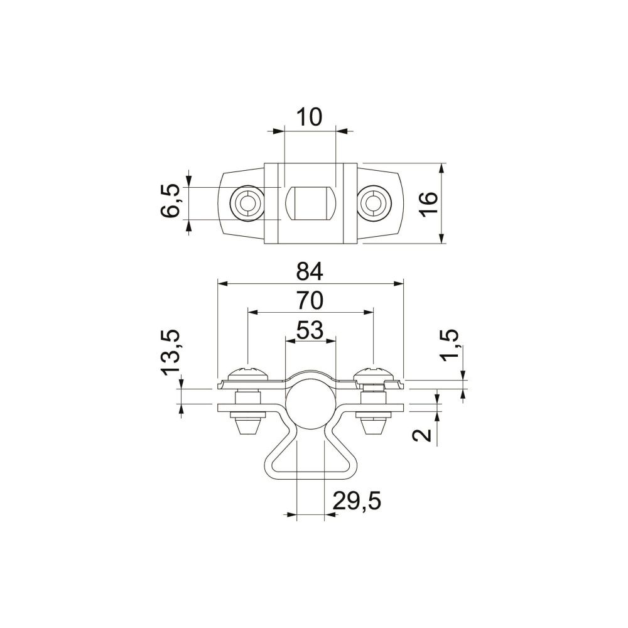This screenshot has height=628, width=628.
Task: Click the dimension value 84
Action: [x=310, y=272]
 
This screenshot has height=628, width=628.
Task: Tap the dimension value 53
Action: [x=310, y=330]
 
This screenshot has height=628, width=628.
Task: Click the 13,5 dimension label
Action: [x=170, y=352]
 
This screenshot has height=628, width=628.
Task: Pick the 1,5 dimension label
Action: [x=448, y=345]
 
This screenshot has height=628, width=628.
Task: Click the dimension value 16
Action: [x=428, y=204]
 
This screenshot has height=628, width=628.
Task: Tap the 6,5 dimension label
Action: [x=170, y=201]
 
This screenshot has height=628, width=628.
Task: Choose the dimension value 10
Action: [x=309, y=117]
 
